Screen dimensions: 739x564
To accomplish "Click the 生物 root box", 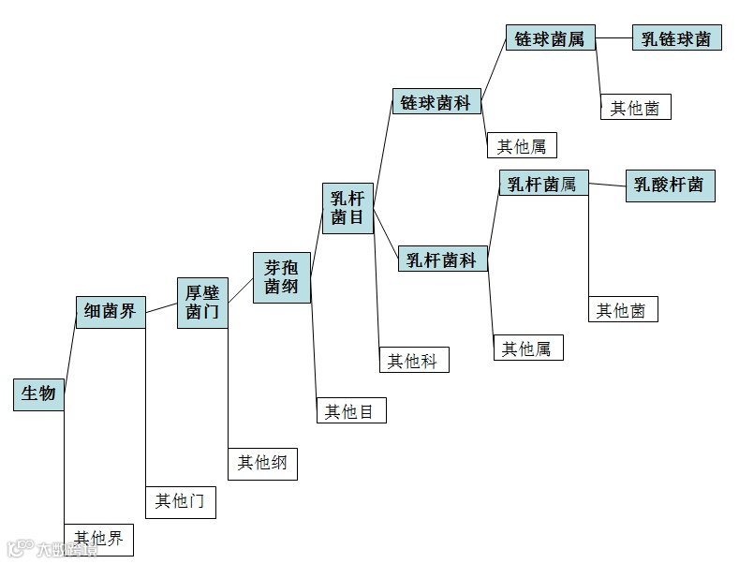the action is tap(38, 393).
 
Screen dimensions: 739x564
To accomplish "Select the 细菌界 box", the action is tap(111, 312).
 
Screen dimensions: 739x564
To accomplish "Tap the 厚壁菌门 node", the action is tap(202, 303).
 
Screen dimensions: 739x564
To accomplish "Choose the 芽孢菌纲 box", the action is tap(281, 276).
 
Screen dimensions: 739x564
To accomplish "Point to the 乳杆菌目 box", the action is tap(347, 208).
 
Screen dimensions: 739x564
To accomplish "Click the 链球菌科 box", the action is tap(436, 102).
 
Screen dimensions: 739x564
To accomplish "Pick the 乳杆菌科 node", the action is tap(443, 260).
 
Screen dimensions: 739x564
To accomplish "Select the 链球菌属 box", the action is tap(550, 38).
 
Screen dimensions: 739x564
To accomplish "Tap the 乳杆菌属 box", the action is tap(542, 183).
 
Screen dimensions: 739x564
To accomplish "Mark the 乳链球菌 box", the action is tap(676, 38).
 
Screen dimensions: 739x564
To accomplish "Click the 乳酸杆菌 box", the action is tap(669, 185).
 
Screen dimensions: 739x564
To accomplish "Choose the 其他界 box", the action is tap(98, 539).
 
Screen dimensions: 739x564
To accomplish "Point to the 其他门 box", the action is tap(180, 501).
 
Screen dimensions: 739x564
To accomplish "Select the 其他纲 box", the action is tap(262, 463).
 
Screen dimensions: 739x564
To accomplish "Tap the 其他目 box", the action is tap(350, 410).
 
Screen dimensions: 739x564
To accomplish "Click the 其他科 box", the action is tap(413, 361).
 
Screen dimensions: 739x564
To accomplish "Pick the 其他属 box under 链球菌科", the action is tap(527, 145).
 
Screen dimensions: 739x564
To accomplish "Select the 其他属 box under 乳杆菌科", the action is tap(528, 349).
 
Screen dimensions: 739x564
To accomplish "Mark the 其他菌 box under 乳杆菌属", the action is tap(622, 310).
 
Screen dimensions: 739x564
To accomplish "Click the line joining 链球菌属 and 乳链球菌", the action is tap(614, 38).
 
